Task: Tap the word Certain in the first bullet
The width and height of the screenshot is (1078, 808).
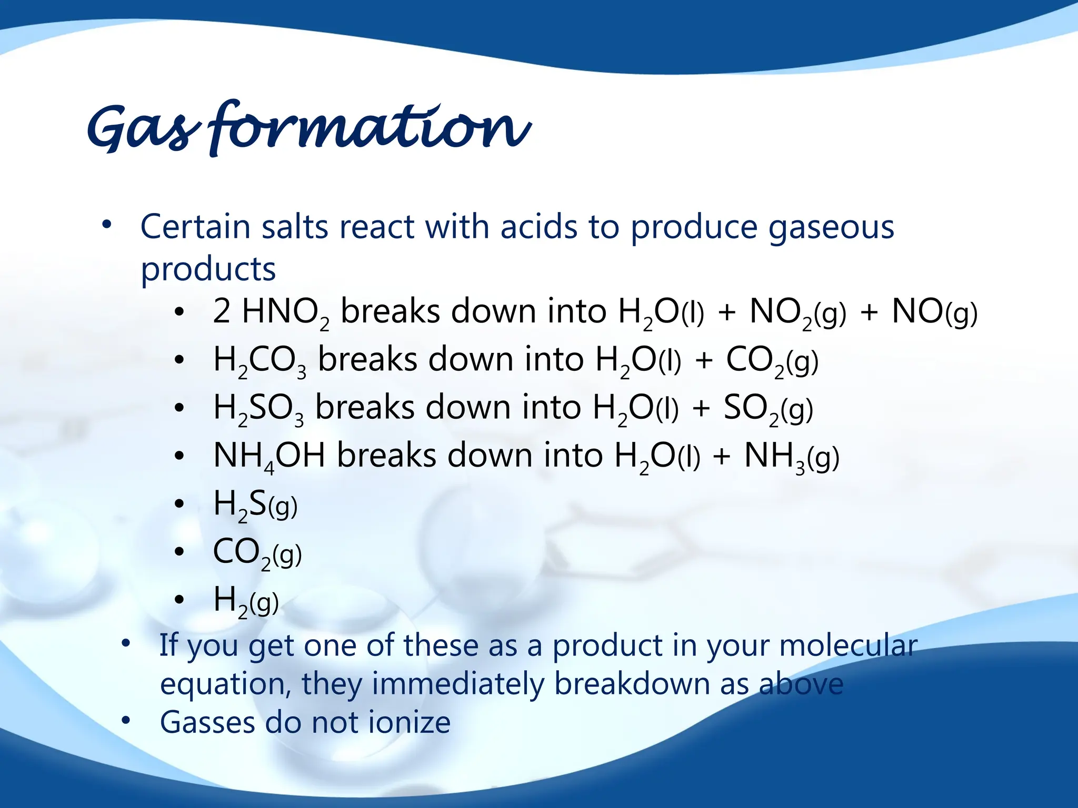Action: [x=195, y=227]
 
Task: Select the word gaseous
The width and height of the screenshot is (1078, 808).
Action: [x=831, y=228]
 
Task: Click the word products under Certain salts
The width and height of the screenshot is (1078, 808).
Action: [x=208, y=269]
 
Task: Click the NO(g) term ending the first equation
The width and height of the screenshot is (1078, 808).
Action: [x=934, y=312]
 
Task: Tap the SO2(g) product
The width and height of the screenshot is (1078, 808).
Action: [x=768, y=409]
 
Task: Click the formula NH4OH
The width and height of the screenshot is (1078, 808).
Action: [x=269, y=456]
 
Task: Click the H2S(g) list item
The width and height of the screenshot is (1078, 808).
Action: [x=255, y=504]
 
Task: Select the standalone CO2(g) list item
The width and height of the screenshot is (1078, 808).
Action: [x=257, y=552]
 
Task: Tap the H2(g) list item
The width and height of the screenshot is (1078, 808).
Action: [x=246, y=600]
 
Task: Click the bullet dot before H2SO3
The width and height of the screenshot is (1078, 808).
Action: [x=179, y=408]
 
